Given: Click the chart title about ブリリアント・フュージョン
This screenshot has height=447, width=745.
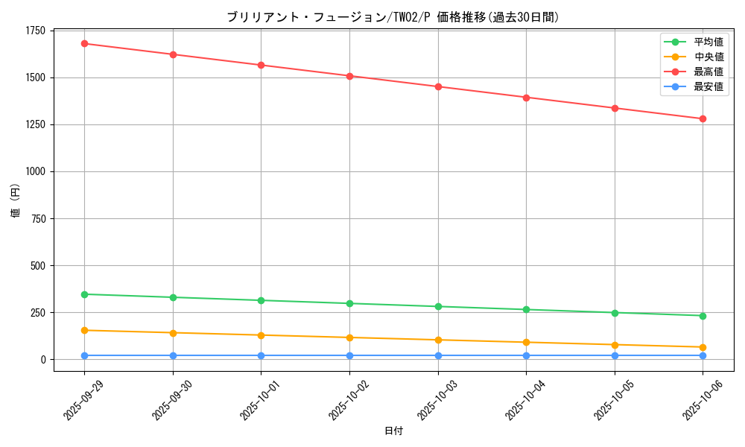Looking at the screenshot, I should point(393,17).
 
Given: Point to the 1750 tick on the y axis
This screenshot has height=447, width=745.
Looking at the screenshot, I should point(35,31).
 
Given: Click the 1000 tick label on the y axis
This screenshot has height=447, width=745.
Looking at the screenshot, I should point(35,171).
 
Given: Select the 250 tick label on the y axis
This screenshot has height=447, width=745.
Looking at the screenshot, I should point(38,312).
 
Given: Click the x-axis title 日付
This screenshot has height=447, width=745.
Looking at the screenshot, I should point(393,431).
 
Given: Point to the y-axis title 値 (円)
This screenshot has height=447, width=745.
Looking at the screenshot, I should point(16,200).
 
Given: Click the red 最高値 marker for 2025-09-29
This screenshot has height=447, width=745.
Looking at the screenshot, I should point(84,43).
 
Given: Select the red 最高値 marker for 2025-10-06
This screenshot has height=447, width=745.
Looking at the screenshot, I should point(703,118).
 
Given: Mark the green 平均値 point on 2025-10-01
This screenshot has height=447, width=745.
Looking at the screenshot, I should point(261,300).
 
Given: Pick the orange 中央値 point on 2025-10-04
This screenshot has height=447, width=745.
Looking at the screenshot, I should point(526,342).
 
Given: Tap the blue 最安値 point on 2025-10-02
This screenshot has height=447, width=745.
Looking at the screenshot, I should point(349,355).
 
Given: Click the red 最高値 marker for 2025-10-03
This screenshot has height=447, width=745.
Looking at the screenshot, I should point(438,86).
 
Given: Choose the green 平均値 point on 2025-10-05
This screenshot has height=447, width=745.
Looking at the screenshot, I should point(615,313).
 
